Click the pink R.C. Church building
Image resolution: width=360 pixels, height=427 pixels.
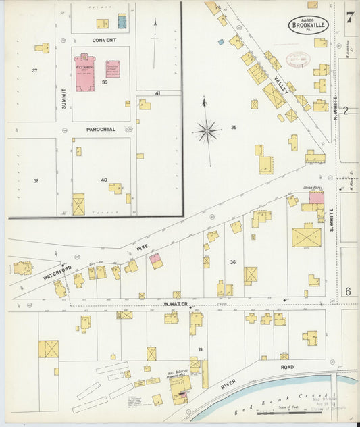point(86,72)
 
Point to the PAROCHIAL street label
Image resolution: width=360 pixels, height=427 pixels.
point(101,128)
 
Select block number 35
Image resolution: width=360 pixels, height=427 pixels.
point(234,127)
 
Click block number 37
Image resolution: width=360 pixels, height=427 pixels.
point(34,70)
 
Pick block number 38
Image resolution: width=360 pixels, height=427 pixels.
point(36,180)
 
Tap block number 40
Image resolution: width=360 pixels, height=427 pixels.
point(103,180)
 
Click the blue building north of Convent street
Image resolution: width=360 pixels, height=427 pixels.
point(122,22)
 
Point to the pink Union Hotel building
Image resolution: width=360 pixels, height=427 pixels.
point(316,197)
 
